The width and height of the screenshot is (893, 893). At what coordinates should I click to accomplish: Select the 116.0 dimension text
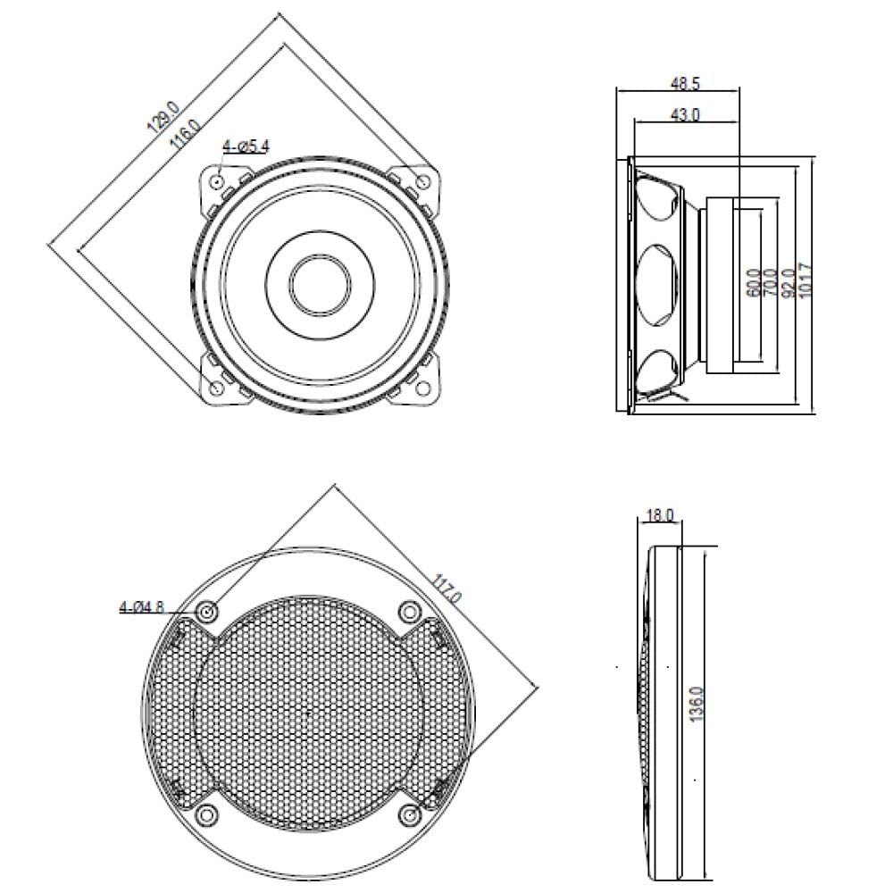coord(184,136)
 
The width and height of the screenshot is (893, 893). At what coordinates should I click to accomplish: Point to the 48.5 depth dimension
coord(685,84)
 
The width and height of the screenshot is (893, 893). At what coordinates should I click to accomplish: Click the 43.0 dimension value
coord(685,114)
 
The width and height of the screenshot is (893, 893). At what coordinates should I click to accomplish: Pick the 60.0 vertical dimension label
coord(753,283)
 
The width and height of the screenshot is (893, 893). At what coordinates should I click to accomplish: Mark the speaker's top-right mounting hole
coord(423,182)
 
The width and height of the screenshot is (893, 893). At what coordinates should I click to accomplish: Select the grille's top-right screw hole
coord(410,612)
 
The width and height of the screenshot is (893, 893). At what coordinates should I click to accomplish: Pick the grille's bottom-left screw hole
coord(207,814)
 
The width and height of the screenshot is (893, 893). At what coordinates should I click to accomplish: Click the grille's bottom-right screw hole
coord(410,814)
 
